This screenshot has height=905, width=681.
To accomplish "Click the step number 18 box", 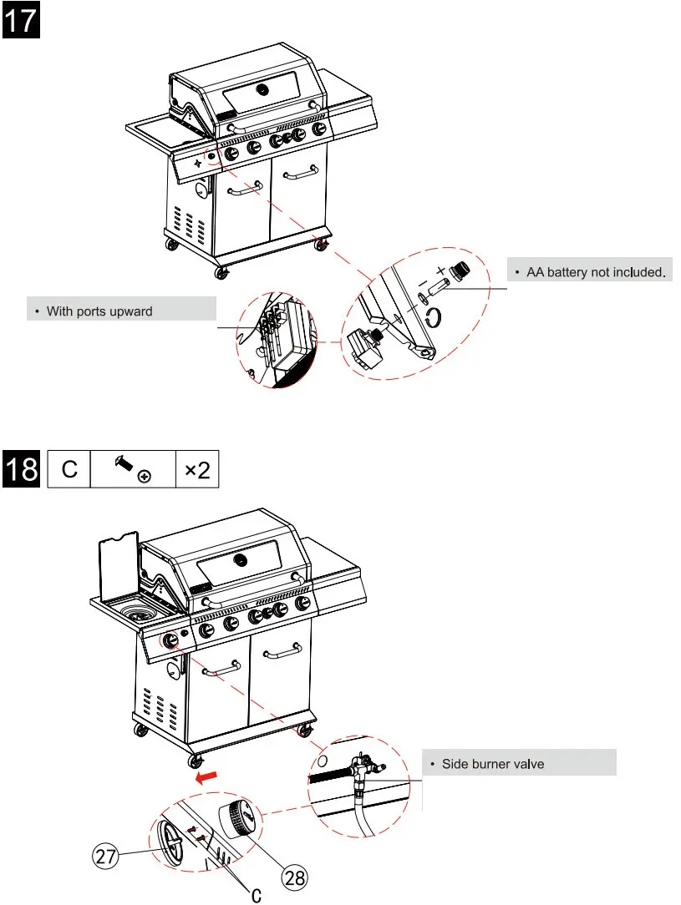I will [20, 469].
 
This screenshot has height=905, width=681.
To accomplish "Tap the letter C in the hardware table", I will [69, 469].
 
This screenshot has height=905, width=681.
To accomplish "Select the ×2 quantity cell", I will [197, 469].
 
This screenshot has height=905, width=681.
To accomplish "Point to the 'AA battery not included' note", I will [592, 272].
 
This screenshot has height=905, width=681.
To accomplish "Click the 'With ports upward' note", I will [121, 311].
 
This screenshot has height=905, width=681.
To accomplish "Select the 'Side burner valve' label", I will [518, 763].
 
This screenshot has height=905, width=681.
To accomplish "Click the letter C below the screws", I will [257, 895].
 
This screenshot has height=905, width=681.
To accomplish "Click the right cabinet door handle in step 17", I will [300, 174].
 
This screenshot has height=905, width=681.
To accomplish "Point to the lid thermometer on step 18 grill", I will [241, 559].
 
